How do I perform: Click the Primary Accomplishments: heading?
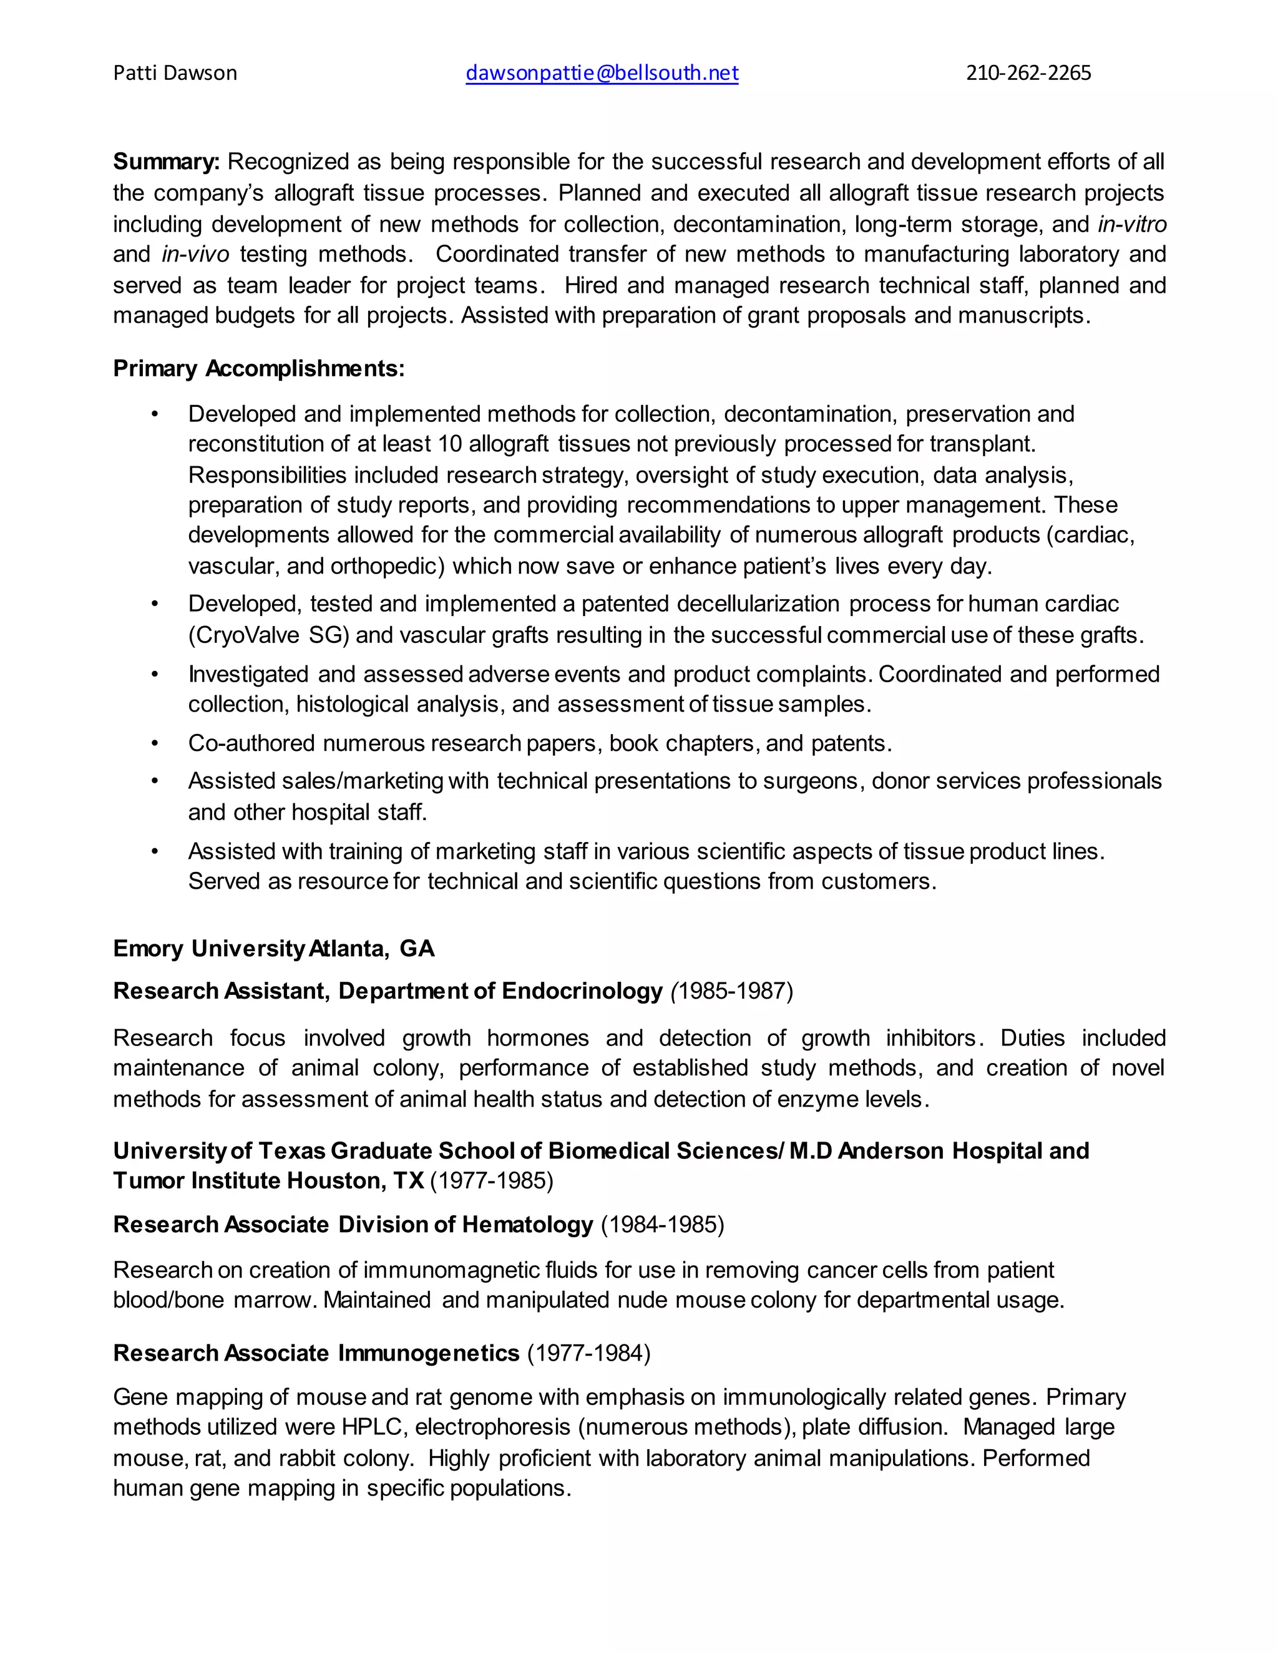[259, 369]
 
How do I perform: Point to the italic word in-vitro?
[1132, 224]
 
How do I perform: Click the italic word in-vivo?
[195, 255]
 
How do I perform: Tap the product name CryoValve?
[249, 635]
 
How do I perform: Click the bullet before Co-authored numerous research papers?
[155, 744]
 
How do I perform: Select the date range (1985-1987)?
[732, 991]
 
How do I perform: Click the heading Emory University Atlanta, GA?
[273, 949]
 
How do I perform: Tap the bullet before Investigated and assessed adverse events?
[155, 674]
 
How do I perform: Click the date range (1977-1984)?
[589, 1353]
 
